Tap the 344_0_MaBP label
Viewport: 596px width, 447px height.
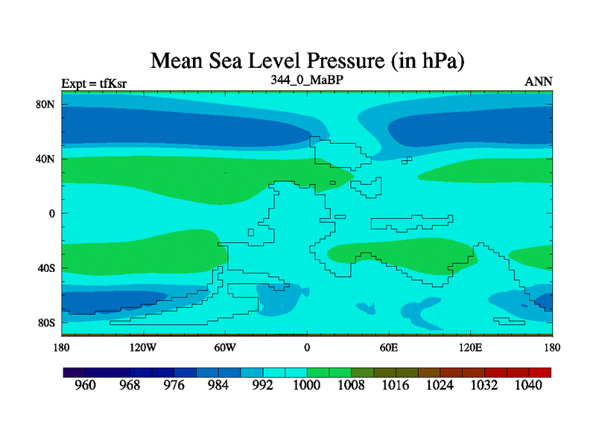(307, 79)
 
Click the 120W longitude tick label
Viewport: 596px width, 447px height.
(143, 347)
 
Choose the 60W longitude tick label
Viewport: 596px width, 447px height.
(225, 347)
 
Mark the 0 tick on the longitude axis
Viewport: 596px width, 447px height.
(307, 347)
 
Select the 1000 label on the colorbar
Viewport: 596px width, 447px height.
(307, 386)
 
